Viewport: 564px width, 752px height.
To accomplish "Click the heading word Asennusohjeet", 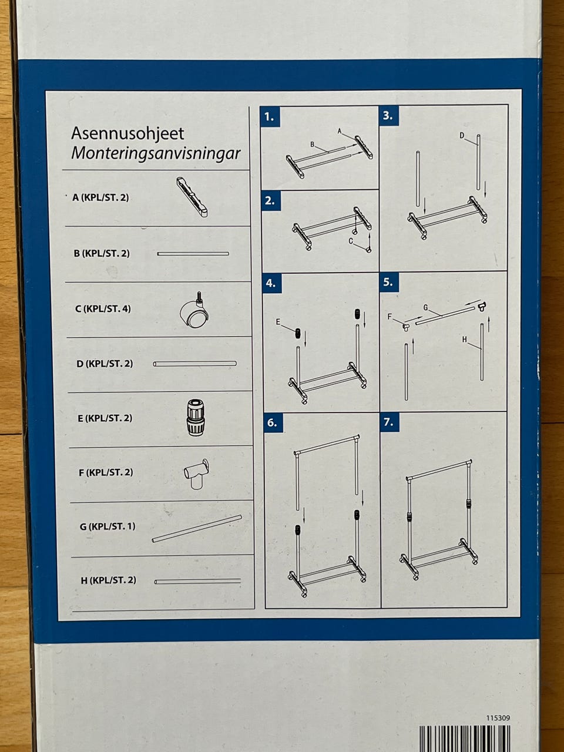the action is (x=127, y=134).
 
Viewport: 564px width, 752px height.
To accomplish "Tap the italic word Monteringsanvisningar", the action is (x=156, y=154).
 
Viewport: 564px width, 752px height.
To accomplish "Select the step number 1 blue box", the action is (x=270, y=117).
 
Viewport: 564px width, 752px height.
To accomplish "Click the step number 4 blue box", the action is (x=272, y=283).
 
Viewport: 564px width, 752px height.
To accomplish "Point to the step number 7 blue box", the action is (x=390, y=421).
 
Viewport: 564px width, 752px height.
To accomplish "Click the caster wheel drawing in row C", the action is (x=194, y=310).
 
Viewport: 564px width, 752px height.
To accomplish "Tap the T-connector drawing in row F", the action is (x=197, y=474).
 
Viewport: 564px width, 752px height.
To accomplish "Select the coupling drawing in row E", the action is (x=196, y=418).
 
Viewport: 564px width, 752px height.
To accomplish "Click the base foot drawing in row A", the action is (x=192, y=197).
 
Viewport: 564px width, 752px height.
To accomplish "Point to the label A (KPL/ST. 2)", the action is (x=100, y=197).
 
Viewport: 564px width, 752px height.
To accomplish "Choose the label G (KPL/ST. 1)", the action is (x=108, y=526).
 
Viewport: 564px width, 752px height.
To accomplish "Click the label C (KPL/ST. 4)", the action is (x=103, y=308).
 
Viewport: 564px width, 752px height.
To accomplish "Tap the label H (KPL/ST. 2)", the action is (x=109, y=580).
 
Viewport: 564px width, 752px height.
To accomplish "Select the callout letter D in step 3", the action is (x=462, y=136).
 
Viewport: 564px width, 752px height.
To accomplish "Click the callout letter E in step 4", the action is (x=278, y=322).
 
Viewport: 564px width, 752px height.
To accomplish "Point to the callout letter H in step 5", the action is (x=464, y=339).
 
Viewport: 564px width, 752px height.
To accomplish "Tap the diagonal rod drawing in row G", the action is (x=197, y=529).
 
